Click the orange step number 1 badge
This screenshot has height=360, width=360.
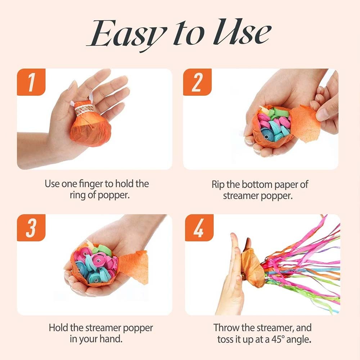pyautogui.click(x=31, y=82)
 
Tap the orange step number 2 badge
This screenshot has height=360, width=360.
pyautogui.click(x=197, y=82)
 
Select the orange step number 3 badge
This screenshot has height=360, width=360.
pyautogui.click(x=31, y=228)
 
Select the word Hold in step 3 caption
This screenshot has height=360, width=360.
pyautogui.click(x=59, y=328)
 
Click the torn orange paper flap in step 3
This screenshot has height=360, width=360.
pyautogui.click(x=134, y=267)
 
